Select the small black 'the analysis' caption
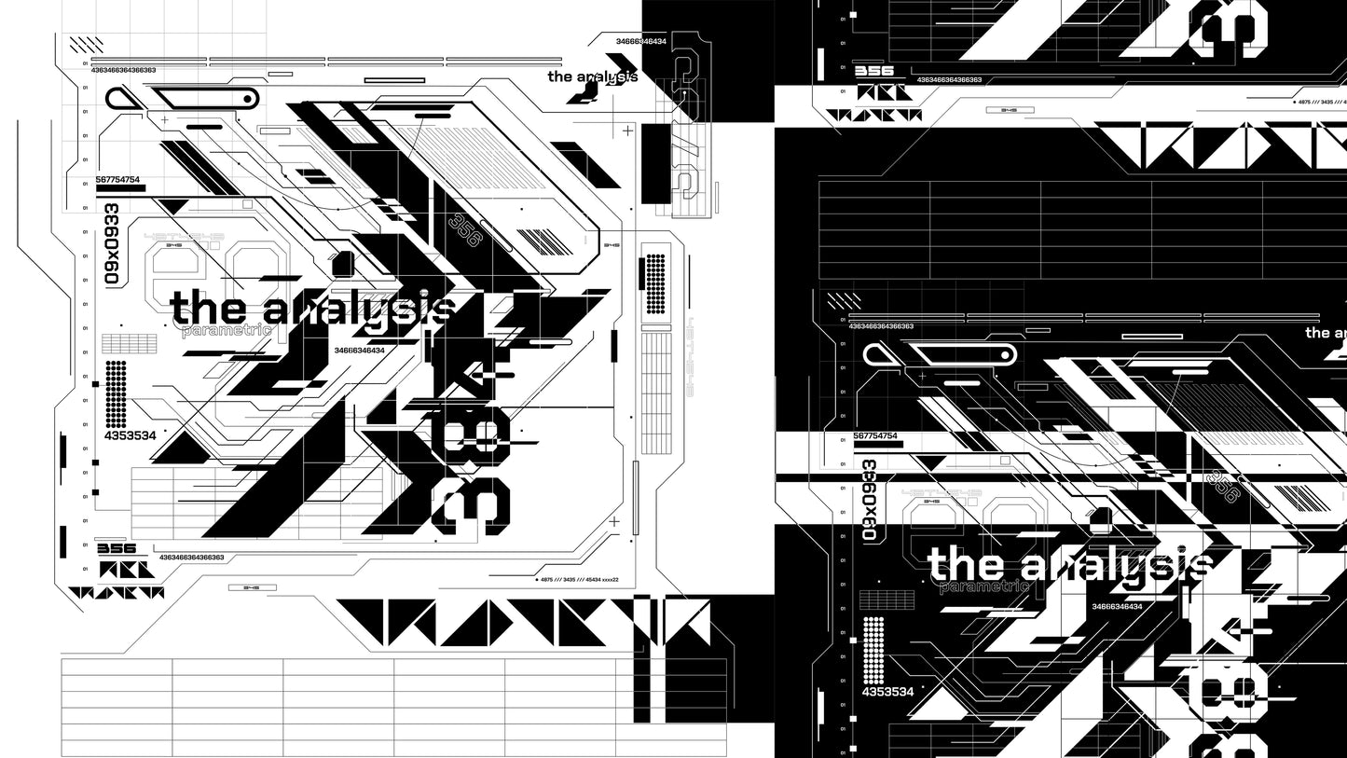click(592, 76)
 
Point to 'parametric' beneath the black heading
click(227, 331)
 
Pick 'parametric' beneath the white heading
click(984, 586)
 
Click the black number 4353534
click(130, 435)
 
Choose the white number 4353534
click(887, 692)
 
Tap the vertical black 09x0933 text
click(112, 243)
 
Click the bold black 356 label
click(117, 548)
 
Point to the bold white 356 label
click(873, 71)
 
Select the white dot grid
click(873, 650)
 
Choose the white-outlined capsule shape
click(959, 353)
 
